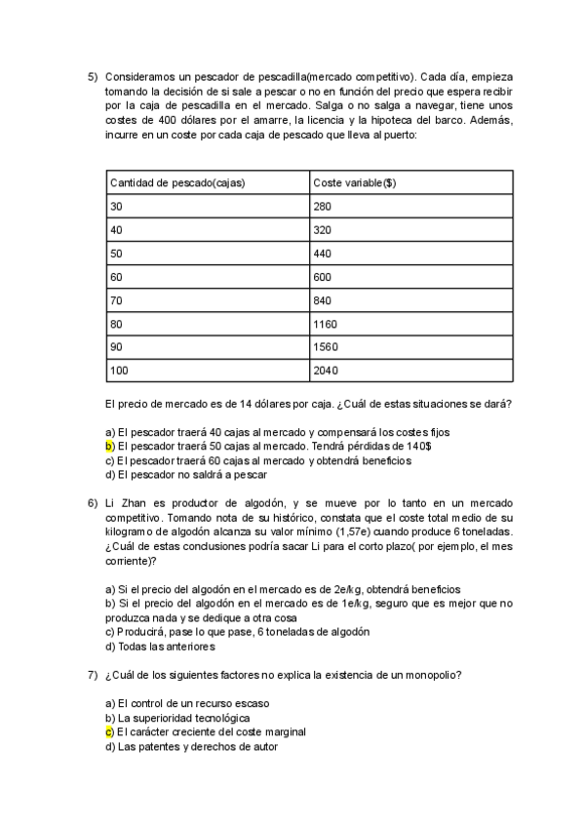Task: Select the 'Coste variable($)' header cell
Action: coord(355,182)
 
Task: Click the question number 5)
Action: coord(93,76)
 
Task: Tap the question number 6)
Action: coord(93,498)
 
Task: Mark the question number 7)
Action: coord(93,675)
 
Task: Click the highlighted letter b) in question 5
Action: coord(109,446)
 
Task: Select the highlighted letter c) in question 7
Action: coord(109,731)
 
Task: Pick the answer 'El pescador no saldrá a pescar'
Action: coord(191,475)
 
